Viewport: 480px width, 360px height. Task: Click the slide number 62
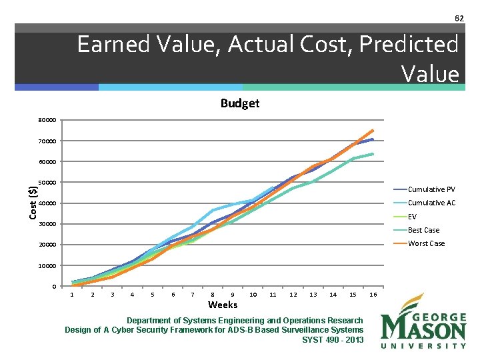(x=459, y=18)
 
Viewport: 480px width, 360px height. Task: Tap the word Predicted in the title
(x=409, y=45)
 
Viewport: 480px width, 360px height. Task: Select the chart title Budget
(x=240, y=103)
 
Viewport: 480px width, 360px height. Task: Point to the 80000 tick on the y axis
(x=47, y=121)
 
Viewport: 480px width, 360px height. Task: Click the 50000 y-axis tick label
(x=47, y=183)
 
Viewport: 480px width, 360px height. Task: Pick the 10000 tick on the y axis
(x=47, y=266)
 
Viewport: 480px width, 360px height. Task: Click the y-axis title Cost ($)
(x=32, y=202)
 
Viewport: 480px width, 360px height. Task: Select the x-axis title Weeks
(x=222, y=305)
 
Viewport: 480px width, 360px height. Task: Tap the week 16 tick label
(x=373, y=295)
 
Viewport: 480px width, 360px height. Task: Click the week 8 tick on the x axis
(x=213, y=295)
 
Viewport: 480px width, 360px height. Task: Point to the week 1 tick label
(x=72, y=295)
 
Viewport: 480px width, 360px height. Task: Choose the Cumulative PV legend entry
(x=431, y=189)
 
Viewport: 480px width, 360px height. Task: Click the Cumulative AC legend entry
(x=431, y=203)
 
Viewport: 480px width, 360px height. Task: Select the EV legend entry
(x=412, y=217)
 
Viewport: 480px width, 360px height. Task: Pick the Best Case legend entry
(x=423, y=230)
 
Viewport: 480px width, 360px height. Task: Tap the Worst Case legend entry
(x=426, y=243)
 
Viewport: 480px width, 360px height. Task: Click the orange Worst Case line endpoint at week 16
(x=373, y=130)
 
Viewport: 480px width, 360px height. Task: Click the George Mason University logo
(x=423, y=321)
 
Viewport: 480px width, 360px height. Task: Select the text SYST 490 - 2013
(x=333, y=339)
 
